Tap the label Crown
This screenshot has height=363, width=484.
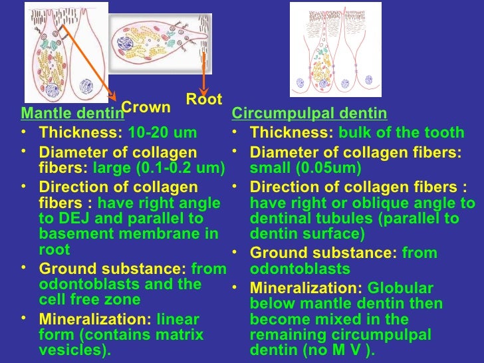[x=146, y=108]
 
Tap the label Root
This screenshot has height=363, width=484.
[x=203, y=100]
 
